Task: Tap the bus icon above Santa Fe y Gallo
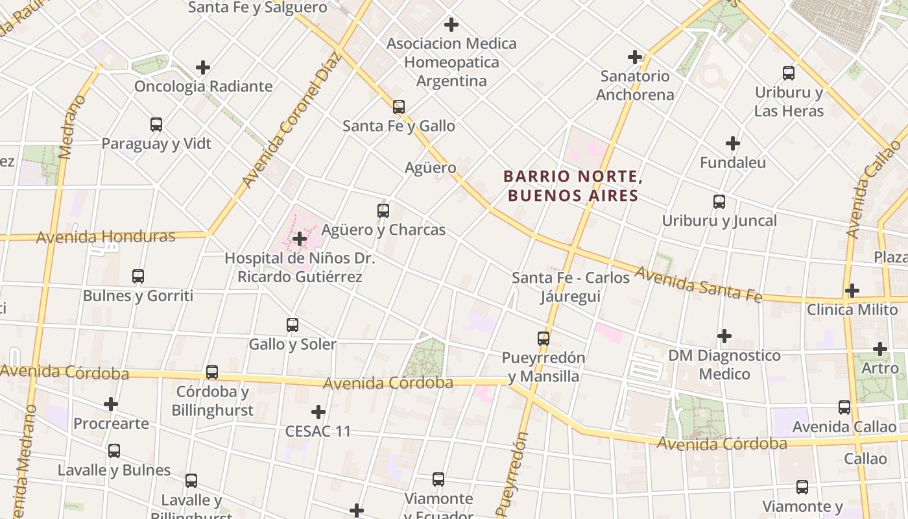point(398,106)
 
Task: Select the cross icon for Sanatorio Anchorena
point(635,57)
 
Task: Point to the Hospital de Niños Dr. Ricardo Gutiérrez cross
point(299,239)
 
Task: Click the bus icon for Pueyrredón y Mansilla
point(543,338)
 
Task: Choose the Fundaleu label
point(732,162)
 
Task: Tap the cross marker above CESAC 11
point(318,412)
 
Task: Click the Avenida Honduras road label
point(106,237)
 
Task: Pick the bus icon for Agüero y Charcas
point(383,210)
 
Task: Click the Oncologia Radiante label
point(203,86)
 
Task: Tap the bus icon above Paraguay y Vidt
point(156,124)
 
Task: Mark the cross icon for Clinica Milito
point(852,291)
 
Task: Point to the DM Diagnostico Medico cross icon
point(724,336)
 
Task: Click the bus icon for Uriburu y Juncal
point(719,201)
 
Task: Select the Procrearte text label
point(111,424)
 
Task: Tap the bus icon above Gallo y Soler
point(292,324)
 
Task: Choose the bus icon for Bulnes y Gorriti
point(137,276)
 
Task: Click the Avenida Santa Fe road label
point(698,284)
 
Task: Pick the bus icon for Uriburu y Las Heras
point(788,73)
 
